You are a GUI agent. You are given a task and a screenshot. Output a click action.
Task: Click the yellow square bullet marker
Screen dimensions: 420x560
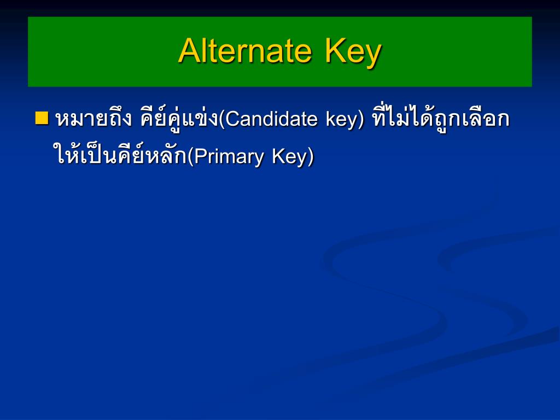coord(42,117)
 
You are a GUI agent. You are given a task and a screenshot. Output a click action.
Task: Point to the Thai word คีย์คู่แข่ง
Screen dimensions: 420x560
coord(179,119)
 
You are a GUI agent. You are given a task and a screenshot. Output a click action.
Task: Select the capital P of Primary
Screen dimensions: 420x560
coord(199,156)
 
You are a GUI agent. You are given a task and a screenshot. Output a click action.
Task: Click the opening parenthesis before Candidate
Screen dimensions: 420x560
coord(221,119)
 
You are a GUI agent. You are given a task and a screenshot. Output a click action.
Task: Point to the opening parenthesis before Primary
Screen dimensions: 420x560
coord(190,156)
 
